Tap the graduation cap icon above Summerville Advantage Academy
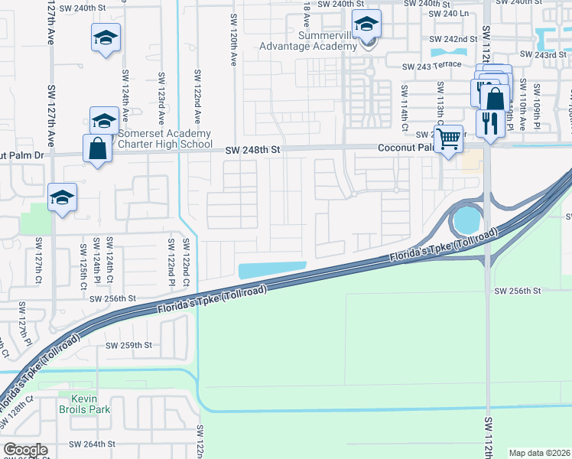(367, 25)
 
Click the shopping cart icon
(449, 139)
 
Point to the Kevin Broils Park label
(91, 404)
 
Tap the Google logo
(25, 450)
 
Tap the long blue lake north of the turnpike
(272, 271)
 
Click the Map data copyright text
(540, 453)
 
